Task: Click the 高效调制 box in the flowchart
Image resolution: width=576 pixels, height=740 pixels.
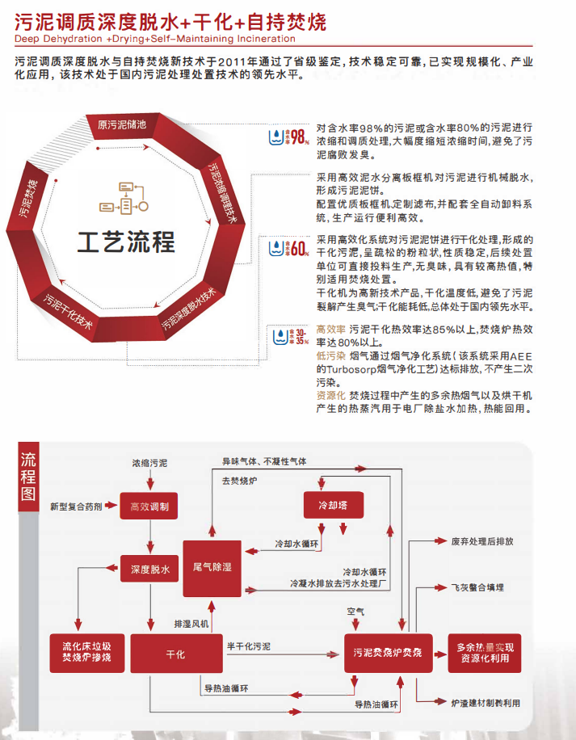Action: point(149,507)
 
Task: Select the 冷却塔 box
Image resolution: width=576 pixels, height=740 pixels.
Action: point(331,505)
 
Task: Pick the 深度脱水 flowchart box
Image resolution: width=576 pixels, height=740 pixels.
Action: point(149,570)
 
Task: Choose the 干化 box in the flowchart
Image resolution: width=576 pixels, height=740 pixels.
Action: point(175,654)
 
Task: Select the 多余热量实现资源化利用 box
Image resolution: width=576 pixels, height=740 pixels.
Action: point(484,653)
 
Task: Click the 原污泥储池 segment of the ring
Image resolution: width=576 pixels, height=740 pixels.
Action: point(121,124)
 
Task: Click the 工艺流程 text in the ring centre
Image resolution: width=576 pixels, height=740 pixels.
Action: point(126,241)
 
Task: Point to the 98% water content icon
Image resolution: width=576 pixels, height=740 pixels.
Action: point(288,137)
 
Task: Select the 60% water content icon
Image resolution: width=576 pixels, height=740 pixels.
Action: point(288,247)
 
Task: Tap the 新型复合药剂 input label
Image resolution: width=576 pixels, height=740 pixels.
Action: point(76,507)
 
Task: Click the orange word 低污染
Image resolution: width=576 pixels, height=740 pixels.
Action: point(330,355)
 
